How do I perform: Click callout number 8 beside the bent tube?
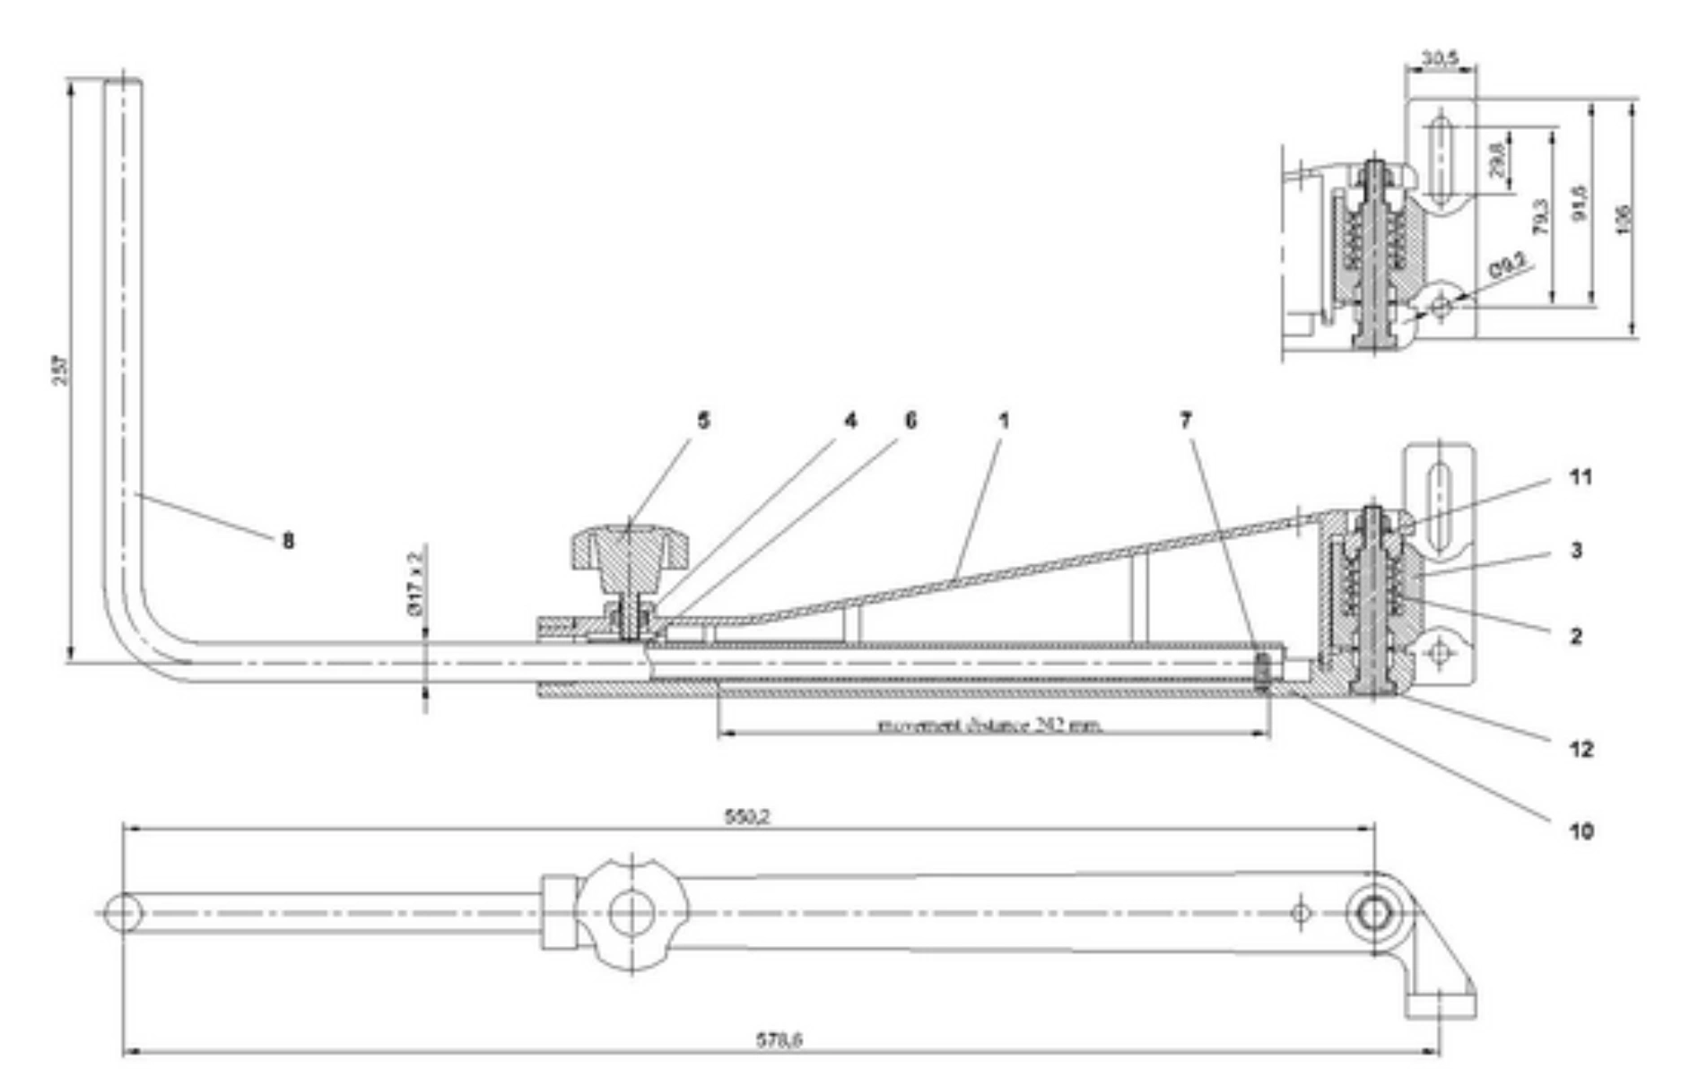[x=288, y=541]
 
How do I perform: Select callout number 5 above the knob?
[x=703, y=421]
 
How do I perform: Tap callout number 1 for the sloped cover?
[x=1004, y=421]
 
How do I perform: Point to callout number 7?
[x=1186, y=421]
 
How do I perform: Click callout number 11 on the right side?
[x=1581, y=477]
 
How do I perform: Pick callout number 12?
[x=1581, y=749]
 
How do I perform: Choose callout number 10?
[x=1581, y=831]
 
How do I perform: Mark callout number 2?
[x=1576, y=636]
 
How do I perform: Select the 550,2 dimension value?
[x=746, y=817]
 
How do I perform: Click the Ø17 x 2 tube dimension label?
[x=414, y=583]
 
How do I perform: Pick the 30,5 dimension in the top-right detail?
[x=1440, y=59]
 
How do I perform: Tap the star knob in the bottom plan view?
[x=631, y=913]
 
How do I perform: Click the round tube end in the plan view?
[x=123, y=913]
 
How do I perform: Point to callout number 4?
[x=849, y=421]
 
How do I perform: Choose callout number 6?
[x=910, y=421]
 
